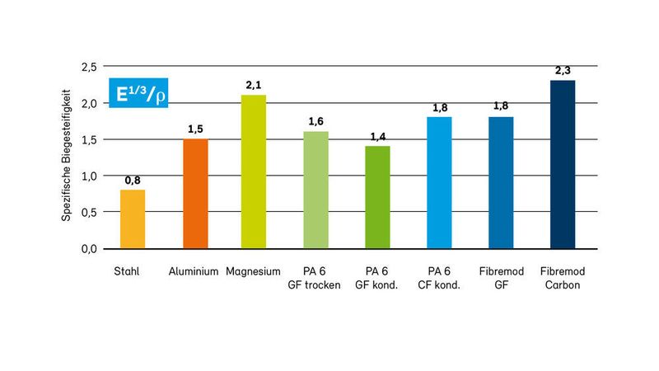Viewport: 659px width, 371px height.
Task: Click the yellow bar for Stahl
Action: point(133,219)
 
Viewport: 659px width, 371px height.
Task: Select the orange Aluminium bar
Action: point(194,194)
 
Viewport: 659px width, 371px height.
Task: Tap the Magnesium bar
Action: point(253,171)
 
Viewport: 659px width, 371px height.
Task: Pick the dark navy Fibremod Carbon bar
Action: point(563,164)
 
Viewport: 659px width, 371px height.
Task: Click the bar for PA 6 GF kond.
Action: point(377,198)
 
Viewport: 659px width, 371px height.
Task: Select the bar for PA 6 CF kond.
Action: point(439,183)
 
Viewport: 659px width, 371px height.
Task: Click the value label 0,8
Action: point(133,181)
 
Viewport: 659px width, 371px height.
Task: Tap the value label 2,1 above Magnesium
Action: point(253,86)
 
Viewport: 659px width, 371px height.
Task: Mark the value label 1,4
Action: point(377,137)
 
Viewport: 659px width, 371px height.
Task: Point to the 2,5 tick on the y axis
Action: point(88,66)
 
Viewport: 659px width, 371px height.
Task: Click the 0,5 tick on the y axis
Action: point(88,212)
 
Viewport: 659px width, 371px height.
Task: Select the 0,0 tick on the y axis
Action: point(88,248)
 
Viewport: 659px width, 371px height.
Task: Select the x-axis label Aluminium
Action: point(194,271)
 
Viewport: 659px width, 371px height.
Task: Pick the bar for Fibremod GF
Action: point(500,183)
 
